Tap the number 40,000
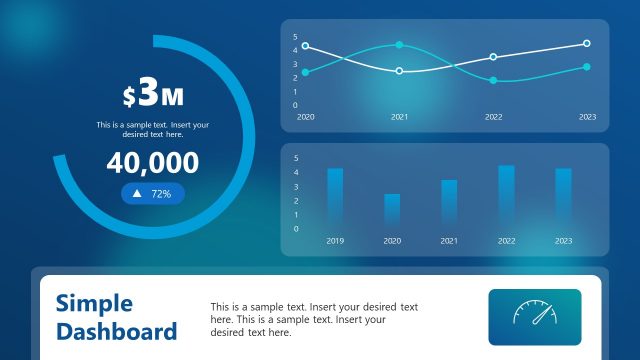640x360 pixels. coord(153,163)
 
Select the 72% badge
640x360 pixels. coord(153,194)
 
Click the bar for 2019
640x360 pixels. coord(335,198)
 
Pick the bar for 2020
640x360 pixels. coord(392,211)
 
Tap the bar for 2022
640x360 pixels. coord(506,197)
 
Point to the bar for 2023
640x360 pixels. coord(563,198)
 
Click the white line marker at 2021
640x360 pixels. coord(400,71)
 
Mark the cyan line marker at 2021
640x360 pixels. coord(400,45)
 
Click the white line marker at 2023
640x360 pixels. coord(587,43)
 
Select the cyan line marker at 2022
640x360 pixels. coord(493,80)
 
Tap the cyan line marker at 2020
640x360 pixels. coord(306,72)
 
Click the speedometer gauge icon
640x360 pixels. coord(534,316)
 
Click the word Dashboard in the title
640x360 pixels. coord(117,331)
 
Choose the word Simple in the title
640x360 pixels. coord(94,303)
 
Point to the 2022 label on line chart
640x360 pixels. coord(493,117)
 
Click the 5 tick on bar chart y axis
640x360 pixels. coord(295,157)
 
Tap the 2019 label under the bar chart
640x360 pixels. coord(335,241)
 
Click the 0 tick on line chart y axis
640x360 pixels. coord(295,105)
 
